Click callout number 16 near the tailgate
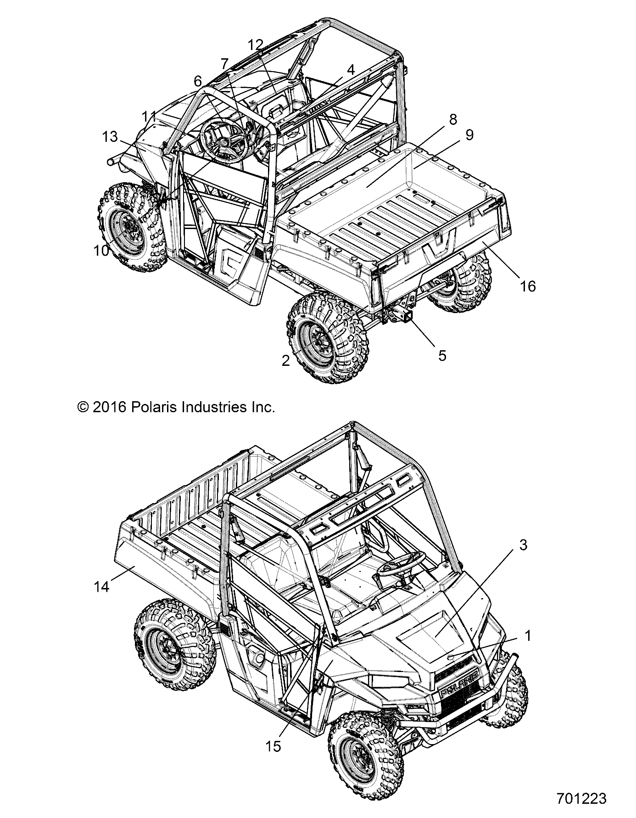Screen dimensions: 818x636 [528, 286]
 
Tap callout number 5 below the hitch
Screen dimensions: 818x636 [442, 355]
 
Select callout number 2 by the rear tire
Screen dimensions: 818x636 [285, 361]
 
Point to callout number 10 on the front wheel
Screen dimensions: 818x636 [101, 251]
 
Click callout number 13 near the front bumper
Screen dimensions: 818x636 [110, 136]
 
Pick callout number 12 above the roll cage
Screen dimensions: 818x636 [256, 45]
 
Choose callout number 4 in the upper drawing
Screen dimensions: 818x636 [351, 70]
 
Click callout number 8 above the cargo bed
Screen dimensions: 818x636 [452, 120]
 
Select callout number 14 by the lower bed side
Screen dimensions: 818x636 [101, 586]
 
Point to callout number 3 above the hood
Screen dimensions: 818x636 [523, 545]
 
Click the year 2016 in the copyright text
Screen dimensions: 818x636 [109, 407]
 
